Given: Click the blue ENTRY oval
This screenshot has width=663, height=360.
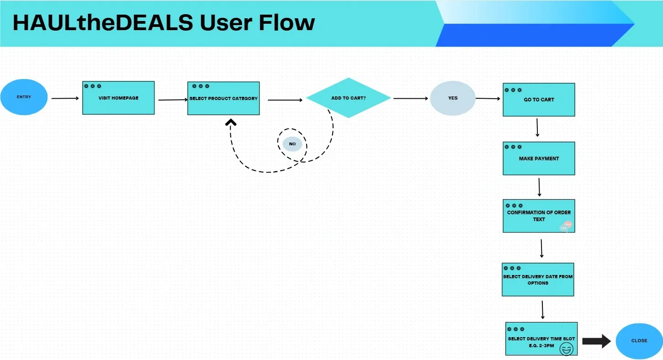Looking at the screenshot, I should click(x=24, y=97).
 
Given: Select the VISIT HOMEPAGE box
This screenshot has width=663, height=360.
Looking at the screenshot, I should click(x=118, y=98).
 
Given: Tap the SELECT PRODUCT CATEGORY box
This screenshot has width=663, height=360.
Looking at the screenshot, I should click(x=223, y=98).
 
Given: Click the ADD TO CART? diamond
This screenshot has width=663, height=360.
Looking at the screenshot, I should click(x=348, y=98).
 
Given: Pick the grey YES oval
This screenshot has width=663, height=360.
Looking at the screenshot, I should click(x=452, y=98).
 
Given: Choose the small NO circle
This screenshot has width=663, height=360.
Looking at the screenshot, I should click(x=292, y=144).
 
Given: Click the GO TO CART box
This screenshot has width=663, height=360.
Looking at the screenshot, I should click(x=539, y=100).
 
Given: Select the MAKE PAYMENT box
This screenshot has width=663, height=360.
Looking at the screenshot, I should click(x=539, y=159).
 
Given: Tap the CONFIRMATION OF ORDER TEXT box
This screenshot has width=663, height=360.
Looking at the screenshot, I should click(x=539, y=216).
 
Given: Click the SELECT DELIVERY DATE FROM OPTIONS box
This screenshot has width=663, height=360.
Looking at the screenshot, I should click(x=538, y=280).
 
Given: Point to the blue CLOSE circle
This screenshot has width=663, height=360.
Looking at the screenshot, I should click(x=639, y=341).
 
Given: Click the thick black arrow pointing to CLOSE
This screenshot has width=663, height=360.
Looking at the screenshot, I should click(x=596, y=341).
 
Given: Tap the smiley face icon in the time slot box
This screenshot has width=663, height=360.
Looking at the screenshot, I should click(x=567, y=349).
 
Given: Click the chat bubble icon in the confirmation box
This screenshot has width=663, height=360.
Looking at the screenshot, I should click(x=566, y=226).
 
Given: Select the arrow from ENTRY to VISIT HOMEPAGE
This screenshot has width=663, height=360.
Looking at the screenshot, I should click(x=65, y=98).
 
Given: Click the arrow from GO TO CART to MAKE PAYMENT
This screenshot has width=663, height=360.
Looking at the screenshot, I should click(x=537, y=127).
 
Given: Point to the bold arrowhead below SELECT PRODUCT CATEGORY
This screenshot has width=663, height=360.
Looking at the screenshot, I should click(x=230, y=122).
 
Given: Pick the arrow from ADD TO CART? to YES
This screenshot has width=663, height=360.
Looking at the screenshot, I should click(x=410, y=98).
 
